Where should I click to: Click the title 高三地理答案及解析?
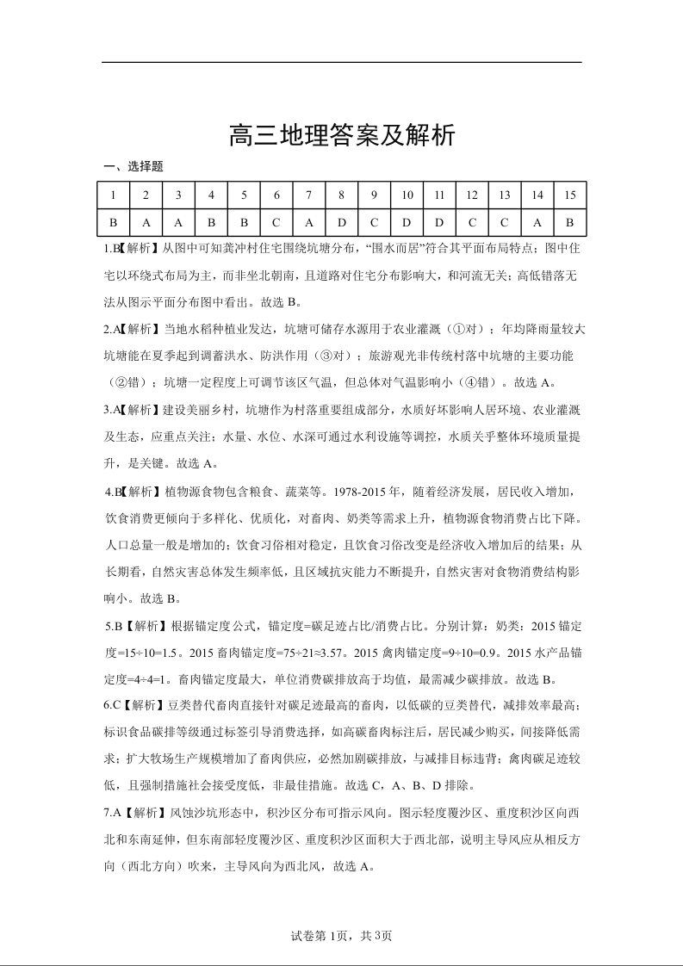point(341,136)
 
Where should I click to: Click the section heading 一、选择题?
point(133,167)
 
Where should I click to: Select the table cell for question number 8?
point(342,195)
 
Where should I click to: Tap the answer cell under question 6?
point(276,222)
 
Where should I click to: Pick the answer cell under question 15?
point(569,222)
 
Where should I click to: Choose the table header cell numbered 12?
point(472,195)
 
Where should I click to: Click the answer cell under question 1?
point(113,222)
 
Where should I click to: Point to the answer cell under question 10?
point(407,222)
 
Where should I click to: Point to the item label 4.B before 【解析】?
point(112,492)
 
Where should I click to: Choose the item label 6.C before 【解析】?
point(112,706)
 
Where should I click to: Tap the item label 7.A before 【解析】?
point(112,813)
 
